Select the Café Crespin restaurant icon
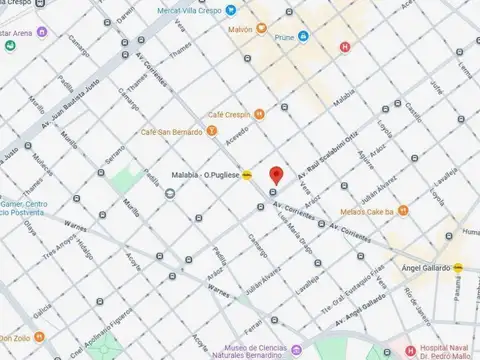tap(257, 114)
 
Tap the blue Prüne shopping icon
tap(304, 36)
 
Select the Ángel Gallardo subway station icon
tap(459, 268)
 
